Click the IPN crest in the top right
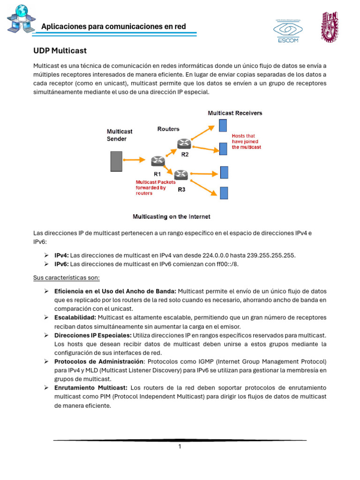coord(329,26)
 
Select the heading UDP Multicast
coord(60,51)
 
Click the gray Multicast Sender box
coord(116,161)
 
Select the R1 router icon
coord(158,161)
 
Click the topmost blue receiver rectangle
coord(223,126)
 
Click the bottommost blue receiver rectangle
coord(224,193)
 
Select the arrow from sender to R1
coord(136,160)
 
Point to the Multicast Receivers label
coord(235,113)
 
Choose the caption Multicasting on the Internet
coord(172,217)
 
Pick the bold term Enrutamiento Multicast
coord(91,388)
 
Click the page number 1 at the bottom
coord(180,447)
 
